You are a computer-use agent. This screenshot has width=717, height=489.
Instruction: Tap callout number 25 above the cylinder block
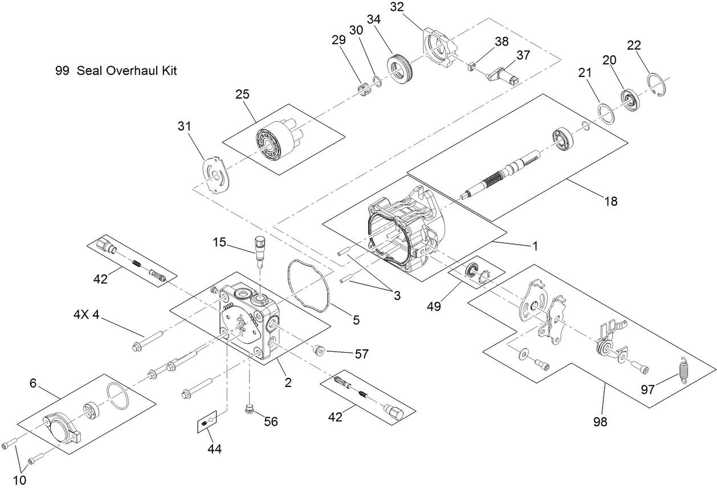(242, 94)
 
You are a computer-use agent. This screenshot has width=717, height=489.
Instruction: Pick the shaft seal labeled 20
(630, 101)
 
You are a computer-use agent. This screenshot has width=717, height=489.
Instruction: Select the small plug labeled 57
(320, 349)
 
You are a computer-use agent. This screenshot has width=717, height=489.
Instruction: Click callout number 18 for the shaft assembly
(610, 201)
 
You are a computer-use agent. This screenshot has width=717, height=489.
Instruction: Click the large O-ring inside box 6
(119, 395)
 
